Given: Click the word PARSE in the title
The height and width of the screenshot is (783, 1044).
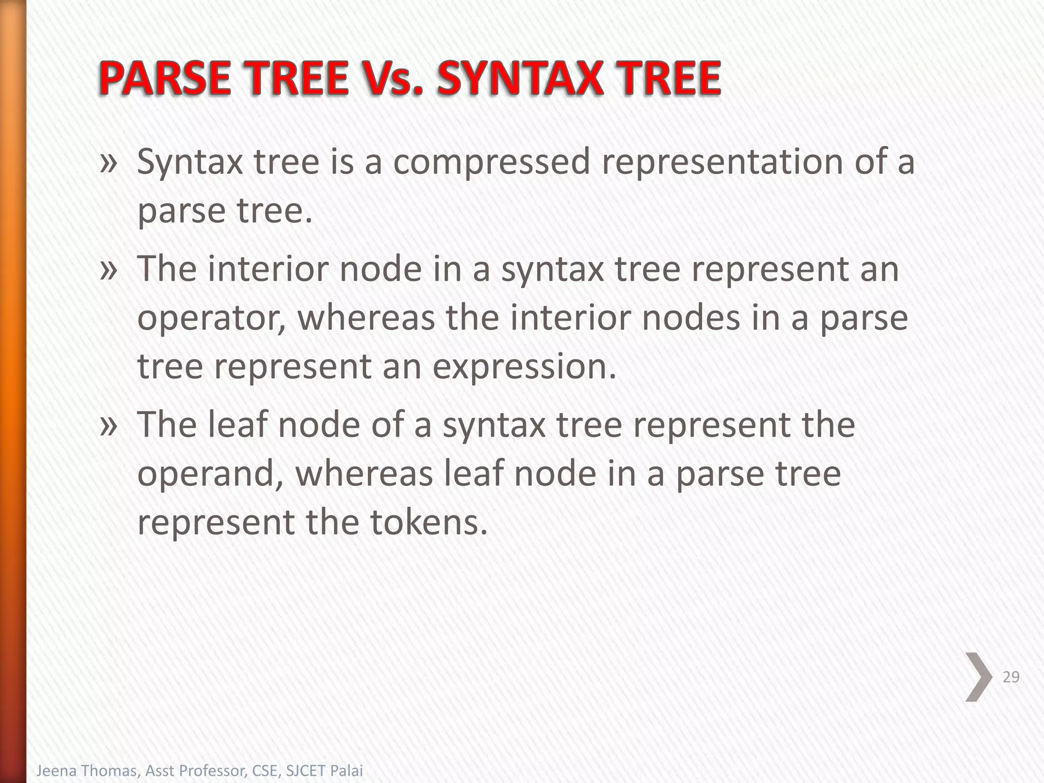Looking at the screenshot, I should coord(164,79).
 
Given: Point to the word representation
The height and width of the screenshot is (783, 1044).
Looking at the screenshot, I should coord(722,162).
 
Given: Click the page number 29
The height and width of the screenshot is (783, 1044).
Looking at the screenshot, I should coord(1011,677).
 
